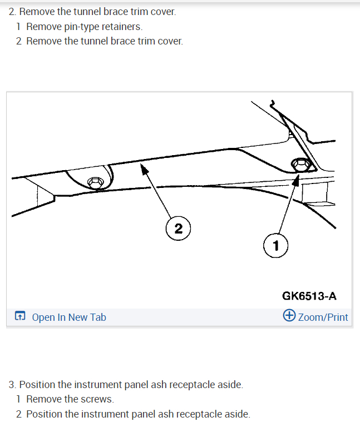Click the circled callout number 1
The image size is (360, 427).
[275, 245]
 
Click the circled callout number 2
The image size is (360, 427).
[178, 229]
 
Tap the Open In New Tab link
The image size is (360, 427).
[68, 317]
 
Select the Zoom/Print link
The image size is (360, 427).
[323, 317]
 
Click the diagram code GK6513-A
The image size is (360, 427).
[309, 296]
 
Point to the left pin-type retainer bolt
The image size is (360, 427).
[95, 182]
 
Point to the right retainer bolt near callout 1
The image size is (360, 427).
[300, 165]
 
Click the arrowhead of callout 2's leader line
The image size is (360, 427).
[144, 167]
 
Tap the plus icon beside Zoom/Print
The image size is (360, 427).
[289, 316]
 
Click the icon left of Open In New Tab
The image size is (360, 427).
[20, 317]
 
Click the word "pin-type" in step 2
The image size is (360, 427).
[82, 26]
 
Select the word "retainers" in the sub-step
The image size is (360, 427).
[122, 26]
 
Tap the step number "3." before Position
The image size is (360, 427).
[12, 385]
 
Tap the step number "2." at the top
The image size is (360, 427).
[12, 12]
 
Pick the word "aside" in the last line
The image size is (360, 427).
[236, 414]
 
